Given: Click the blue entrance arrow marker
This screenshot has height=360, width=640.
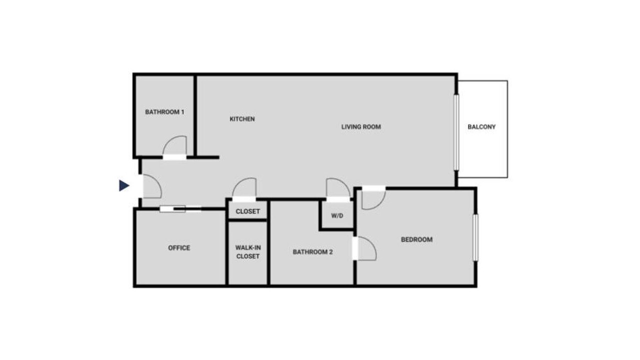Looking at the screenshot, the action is (124, 185).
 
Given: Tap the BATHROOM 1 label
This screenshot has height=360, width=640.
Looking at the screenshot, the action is (164, 112).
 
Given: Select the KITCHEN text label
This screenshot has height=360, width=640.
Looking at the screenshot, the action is (242, 119).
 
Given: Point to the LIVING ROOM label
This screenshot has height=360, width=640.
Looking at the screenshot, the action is (361, 126).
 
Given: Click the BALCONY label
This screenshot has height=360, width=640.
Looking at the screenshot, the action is (481, 126).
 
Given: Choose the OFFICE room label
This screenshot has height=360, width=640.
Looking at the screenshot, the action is (179, 247).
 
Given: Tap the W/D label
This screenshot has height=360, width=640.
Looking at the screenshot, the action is (337, 215).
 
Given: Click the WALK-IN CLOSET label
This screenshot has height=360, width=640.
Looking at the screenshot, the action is (248, 252).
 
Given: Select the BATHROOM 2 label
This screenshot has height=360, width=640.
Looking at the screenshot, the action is (313, 252).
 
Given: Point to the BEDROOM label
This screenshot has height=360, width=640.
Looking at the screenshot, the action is (417, 239).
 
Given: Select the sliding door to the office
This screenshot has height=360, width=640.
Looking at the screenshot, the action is (180, 209).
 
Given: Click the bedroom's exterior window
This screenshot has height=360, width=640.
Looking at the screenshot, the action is (475, 237).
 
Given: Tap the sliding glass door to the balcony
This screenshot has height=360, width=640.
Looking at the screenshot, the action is (456, 132).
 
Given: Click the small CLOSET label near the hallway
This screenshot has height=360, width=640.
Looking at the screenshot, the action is (247, 211).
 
